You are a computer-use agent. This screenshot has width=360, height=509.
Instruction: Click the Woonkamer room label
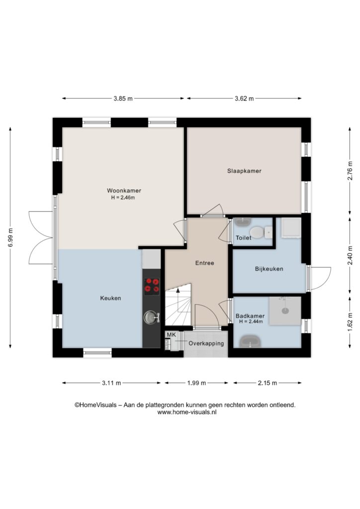point(124,190)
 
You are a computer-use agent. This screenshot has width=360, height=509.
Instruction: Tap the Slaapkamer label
point(244,171)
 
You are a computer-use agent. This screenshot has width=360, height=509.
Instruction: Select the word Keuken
point(110,298)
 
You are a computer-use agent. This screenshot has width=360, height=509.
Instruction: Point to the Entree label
point(204,263)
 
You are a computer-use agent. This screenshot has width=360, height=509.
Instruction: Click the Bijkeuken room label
point(269,269)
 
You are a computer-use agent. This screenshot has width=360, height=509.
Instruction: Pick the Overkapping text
point(206,343)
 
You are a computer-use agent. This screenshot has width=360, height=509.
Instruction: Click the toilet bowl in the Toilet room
point(257,233)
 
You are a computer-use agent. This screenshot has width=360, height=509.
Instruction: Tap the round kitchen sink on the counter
point(150,317)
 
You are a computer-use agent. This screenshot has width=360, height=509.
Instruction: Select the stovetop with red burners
point(152,286)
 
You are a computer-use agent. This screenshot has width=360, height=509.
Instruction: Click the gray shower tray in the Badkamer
point(285,311)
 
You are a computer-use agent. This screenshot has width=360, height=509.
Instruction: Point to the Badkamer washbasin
point(250,342)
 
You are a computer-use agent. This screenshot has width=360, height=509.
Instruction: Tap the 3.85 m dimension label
point(123,99)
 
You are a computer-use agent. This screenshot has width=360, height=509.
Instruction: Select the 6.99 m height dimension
point(10,238)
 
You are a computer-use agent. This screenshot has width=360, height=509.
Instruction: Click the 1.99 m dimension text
point(196,383)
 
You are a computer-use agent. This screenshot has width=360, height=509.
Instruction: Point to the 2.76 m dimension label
point(350,171)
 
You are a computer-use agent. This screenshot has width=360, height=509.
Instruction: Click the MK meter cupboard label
point(171,335)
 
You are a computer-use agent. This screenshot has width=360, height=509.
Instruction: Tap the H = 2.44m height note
point(251,322)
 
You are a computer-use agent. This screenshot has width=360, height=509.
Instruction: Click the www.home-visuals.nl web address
point(187,412)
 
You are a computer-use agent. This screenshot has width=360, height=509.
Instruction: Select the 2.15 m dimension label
point(268,383)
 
